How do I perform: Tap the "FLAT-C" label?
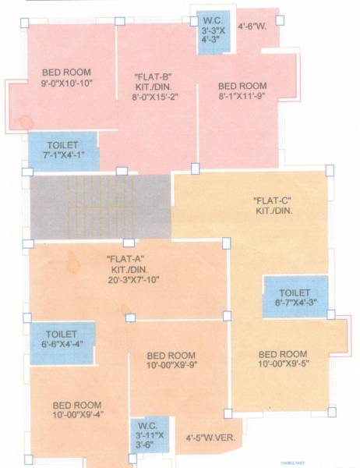click(273, 200)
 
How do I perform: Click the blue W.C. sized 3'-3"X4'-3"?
click(212, 34)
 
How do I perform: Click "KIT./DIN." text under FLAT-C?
click(273, 211)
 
